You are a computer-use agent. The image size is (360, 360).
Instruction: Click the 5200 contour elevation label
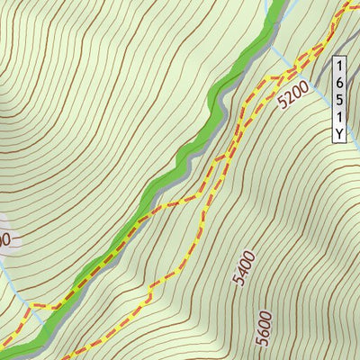[x=293, y=93]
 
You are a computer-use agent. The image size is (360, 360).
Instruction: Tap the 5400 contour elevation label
[x=243, y=268]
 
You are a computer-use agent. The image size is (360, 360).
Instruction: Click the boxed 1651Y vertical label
[x=339, y=100]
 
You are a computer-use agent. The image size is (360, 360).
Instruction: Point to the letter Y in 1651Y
[x=339, y=134]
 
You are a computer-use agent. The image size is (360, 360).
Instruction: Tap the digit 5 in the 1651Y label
[x=339, y=100]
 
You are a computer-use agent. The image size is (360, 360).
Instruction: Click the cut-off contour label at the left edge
[x=4, y=239]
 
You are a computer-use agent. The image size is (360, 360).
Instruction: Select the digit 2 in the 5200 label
[x=288, y=97]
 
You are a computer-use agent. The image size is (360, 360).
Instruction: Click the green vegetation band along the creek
[x=180, y=162]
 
